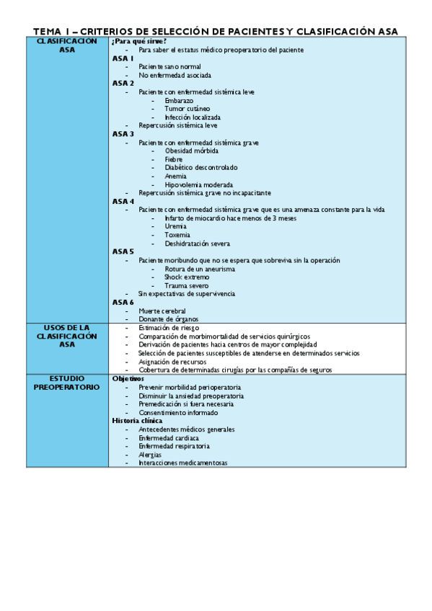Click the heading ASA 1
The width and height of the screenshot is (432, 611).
123,58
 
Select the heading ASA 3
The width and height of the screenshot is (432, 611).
123,134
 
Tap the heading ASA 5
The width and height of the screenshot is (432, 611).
123,251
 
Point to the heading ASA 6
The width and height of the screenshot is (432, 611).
123,302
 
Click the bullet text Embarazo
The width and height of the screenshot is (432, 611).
179,101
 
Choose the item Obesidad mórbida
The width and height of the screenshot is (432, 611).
191,151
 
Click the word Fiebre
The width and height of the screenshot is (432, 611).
174,159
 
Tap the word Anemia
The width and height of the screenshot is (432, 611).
176,176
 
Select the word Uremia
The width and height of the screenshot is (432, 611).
175,226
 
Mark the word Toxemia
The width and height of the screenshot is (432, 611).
177,235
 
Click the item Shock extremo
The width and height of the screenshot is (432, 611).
187,277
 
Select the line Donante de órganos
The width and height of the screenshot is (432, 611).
169,319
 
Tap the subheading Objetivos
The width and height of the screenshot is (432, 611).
128,378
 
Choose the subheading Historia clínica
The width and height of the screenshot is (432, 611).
137,420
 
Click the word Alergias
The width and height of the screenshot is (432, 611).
150,455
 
